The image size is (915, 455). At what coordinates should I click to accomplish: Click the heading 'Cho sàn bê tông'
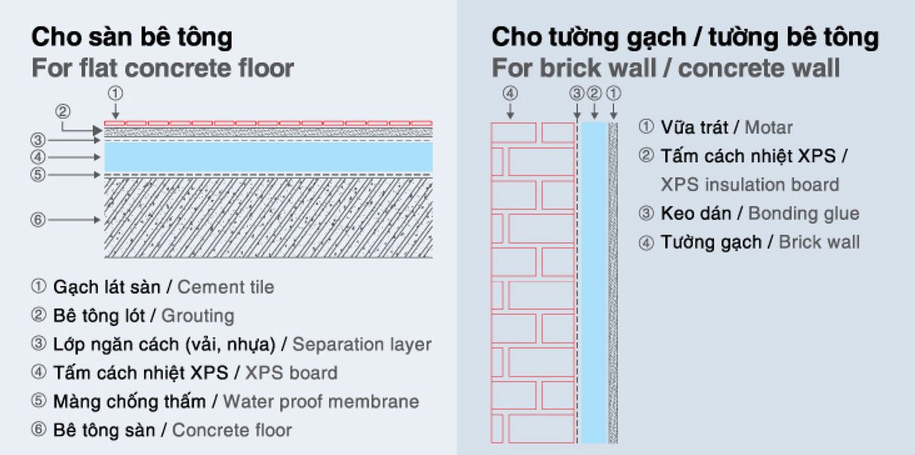pyautogui.click(x=132, y=36)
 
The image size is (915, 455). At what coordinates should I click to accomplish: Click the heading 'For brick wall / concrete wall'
pyautogui.click(x=665, y=68)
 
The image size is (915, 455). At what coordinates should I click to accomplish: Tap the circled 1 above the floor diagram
pyautogui.click(x=115, y=94)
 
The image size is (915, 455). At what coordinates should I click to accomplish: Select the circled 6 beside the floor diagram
pyautogui.click(x=39, y=220)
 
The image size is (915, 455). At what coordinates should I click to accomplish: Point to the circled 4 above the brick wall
pyautogui.click(x=511, y=94)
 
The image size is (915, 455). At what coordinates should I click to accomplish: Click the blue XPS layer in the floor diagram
pyautogui.click(x=268, y=157)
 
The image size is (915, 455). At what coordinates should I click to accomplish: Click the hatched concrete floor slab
pyautogui.click(x=268, y=218)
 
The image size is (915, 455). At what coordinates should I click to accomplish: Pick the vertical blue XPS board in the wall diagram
pyautogui.click(x=594, y=281)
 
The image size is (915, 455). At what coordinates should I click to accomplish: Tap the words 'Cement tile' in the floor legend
pyautogui.click(x=225, y=287)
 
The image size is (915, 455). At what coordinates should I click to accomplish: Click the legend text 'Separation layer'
pyautogui.click(x=361, y=344)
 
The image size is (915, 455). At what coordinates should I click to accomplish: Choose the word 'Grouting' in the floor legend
pyautogui.click(x=197, y=315)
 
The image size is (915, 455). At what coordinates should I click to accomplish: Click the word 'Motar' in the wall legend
pyautogui.click(x=768, y=127)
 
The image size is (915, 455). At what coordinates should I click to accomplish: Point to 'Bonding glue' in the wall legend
pyautogui.click(x=803, y=213)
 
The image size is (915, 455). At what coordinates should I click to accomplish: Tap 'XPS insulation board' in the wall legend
pyautogui.click(x=750, y=185)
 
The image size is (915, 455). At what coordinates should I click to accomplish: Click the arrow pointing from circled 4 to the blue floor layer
pyautogui.click(x=76, y=158)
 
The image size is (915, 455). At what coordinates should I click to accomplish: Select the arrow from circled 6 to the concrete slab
pyautogui.click(x=76, y=220)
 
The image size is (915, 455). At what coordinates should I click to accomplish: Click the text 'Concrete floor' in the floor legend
pyautogui.click(x=231, y=430)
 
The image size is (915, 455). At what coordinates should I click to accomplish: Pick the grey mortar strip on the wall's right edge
pyautogui.click(x=613, y=281)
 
